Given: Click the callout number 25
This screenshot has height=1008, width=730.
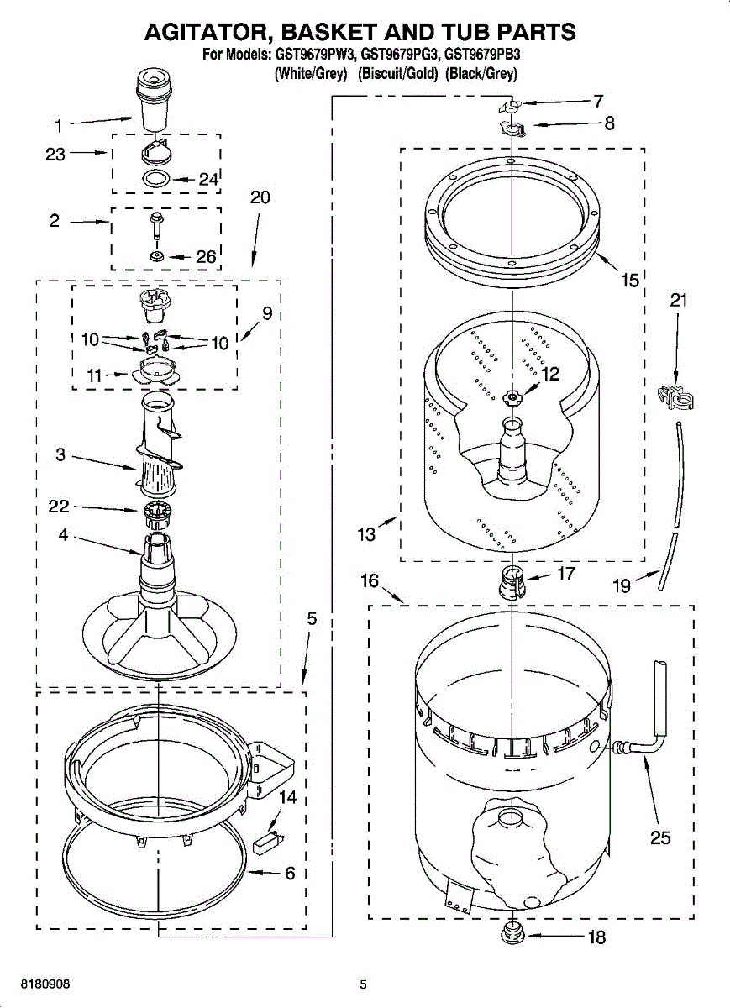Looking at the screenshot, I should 660,837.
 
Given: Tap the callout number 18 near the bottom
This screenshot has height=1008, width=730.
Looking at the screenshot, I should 596,937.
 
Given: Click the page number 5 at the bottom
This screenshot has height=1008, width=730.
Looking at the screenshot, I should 363,984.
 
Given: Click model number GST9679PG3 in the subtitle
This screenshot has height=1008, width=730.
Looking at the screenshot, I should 399,56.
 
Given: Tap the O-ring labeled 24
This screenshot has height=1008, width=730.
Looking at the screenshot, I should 155,178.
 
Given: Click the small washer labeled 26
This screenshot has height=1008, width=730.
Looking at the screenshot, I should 156,256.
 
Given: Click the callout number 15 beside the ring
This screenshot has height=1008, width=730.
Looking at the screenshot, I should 630,281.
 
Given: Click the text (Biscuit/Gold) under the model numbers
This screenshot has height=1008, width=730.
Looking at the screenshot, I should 398,74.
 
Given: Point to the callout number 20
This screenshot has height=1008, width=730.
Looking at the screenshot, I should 260,197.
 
